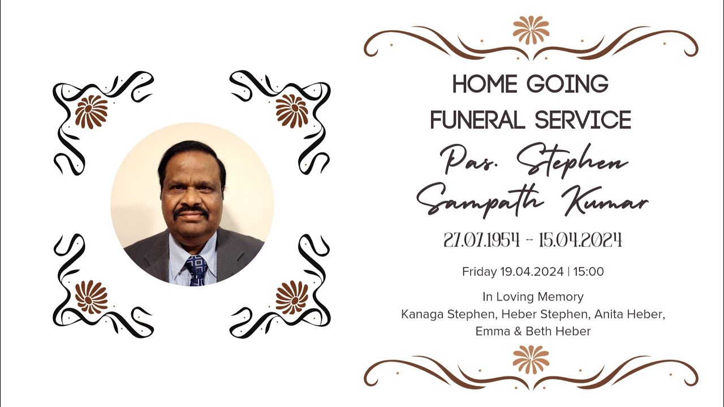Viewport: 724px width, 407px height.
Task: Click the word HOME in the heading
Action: [x=484, y=85]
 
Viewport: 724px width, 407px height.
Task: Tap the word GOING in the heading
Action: [x=567, y=85]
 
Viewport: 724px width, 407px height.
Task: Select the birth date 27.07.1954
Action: [x=481, y=240]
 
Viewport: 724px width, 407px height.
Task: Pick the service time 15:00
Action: [x=589, y=272]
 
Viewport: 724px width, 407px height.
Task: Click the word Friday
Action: [x=479, y=272]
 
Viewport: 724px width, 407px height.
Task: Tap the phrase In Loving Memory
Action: [x=533, y=297]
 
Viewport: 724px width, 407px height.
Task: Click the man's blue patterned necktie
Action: [x=196, y=270]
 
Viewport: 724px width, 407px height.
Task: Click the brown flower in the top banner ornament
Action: [x=531, y=29]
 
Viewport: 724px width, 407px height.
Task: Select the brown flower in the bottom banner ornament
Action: [x=531, y=360]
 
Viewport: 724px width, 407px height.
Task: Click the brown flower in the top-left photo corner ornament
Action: [x=92, y=111]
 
